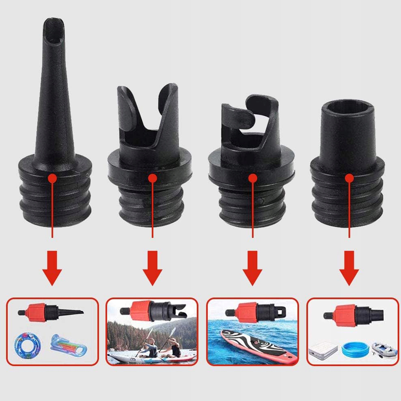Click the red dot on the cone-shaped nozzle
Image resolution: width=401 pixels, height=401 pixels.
[53, 178]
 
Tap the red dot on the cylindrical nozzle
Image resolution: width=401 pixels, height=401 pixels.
[349, 178]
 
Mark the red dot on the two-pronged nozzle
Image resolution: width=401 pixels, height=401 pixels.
[152, 178]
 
